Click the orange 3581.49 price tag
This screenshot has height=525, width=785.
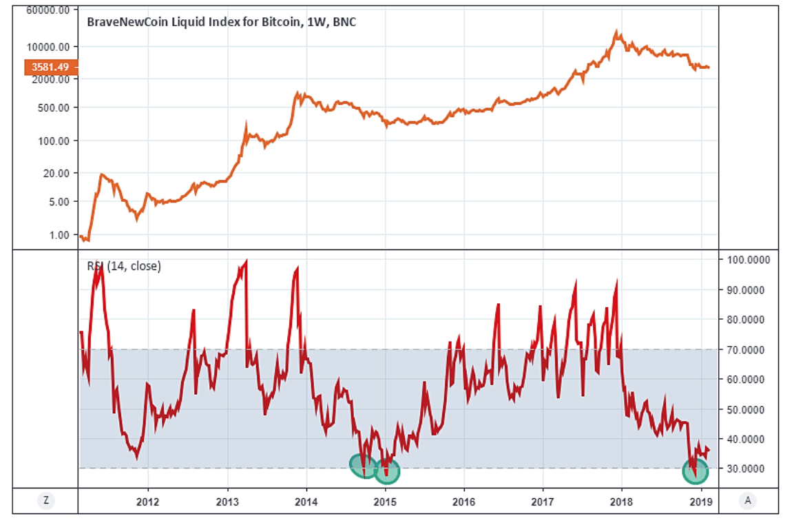click(x=51, y=67)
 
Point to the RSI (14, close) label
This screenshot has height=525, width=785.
click(x=124, y=266)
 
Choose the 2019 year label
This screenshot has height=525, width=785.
click(x=701, y=501)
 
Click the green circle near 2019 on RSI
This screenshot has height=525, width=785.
click(x=695, y=471)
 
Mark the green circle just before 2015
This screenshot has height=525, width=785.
click(x=364, y=466)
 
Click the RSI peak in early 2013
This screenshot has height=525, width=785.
click(x=246, y=262)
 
